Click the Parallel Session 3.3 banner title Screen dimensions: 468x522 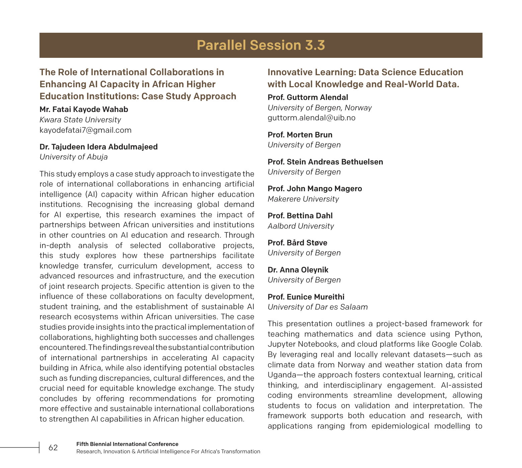(x=261, y=45)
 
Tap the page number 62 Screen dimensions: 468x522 (x=53, y=448)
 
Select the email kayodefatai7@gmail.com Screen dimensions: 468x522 (x=85, y=130)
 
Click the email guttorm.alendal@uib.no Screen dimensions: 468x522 (x=311, y=118)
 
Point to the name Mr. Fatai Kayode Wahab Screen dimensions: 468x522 (x=84, y=109)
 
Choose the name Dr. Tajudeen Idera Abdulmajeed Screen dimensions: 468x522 (x=98, y=147)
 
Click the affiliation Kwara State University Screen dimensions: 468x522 (x=80, y=120)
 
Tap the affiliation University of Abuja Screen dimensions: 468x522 (x=74, y=157)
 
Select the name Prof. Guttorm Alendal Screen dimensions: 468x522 (x=308, y=97)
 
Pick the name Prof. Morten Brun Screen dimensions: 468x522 (x=300, y=135)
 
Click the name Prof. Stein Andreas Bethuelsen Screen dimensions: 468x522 (x=325, y=162)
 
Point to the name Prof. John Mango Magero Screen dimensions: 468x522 (x=315, y=189)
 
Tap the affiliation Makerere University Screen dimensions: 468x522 (x=303, y=199)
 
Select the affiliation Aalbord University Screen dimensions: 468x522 (x=300, y=226)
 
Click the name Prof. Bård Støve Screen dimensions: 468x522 (x=297, y=243)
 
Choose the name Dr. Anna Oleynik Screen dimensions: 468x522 (x=298, y=270)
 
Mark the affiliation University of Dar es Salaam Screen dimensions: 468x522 (x=317, y=307)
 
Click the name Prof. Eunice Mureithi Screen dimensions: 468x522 (x=306, y=297)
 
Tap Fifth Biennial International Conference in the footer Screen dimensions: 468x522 (x=127, y=444)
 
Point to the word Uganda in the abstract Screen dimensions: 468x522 (x=280, y=375)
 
